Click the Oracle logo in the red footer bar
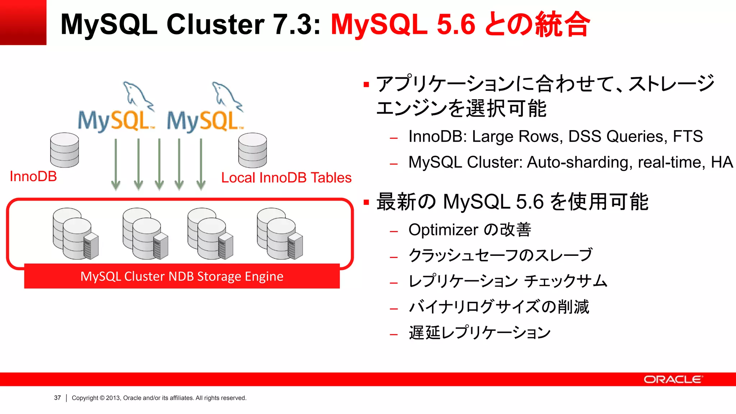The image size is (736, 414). click(673, 379)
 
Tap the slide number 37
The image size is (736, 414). click(57, 398)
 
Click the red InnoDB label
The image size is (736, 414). click(33, 176)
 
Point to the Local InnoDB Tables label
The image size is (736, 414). click(286, 178)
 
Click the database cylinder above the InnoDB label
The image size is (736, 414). click(65, 150)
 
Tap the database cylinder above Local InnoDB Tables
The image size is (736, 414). click(253, 150)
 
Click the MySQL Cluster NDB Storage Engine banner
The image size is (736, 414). click(182, 276)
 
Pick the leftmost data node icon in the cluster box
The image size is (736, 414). click(75, 234)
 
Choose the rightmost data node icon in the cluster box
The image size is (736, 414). click(280, 234)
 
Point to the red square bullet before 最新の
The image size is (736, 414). click(366, 202)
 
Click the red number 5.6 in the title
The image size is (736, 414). click(456, 24)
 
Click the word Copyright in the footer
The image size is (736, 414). click(85, 398)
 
